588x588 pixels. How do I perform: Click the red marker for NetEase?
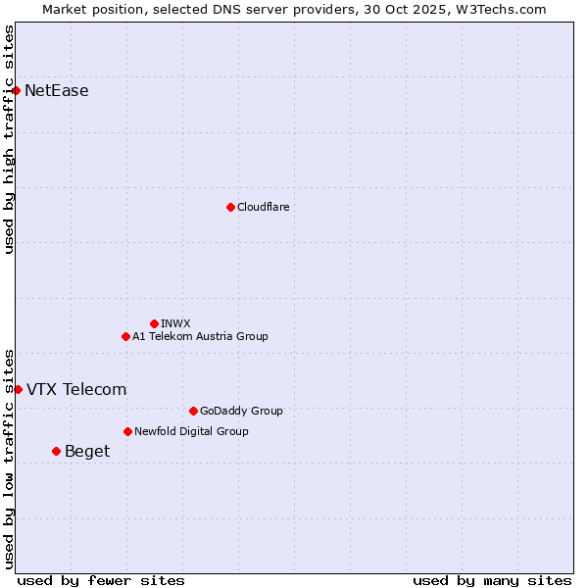16,91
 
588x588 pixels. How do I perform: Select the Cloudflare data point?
230,207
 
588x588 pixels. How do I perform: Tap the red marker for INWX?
154,323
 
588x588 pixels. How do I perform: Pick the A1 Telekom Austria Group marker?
125,336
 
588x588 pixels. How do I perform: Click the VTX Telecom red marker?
18,389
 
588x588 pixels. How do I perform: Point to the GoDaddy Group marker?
193,411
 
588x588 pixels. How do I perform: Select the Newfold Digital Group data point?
127,431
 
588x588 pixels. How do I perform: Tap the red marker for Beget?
56,451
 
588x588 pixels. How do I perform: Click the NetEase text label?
57,91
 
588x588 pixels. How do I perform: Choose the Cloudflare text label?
263,207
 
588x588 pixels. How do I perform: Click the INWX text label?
175,323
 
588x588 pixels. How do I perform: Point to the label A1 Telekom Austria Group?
200,336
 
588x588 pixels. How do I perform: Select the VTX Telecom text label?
76,389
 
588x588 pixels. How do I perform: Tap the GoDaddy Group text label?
241,411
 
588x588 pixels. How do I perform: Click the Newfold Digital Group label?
191,431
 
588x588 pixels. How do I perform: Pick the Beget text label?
87,451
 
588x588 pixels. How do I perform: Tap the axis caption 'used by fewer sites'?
101,580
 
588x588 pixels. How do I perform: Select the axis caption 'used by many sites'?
492,580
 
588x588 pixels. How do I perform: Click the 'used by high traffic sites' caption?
9,139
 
